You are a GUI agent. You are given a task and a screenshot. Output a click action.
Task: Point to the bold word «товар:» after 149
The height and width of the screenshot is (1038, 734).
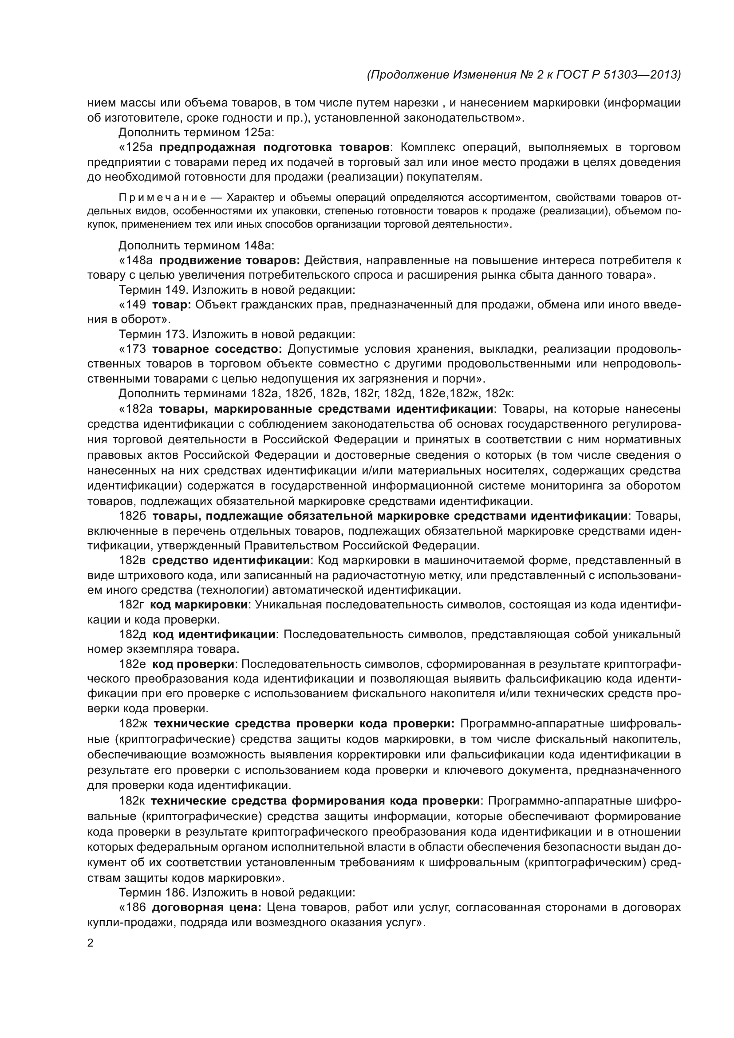(172, 305)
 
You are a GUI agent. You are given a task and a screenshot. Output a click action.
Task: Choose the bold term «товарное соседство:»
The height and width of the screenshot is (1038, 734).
(217, 349)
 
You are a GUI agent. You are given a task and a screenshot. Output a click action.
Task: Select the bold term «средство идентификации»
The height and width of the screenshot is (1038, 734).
(232, 560)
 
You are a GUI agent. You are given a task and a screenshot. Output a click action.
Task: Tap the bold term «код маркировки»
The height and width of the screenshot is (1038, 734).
(199, 605)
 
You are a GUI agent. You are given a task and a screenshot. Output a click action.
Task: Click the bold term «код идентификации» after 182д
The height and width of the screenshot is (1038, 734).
(214, 634)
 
